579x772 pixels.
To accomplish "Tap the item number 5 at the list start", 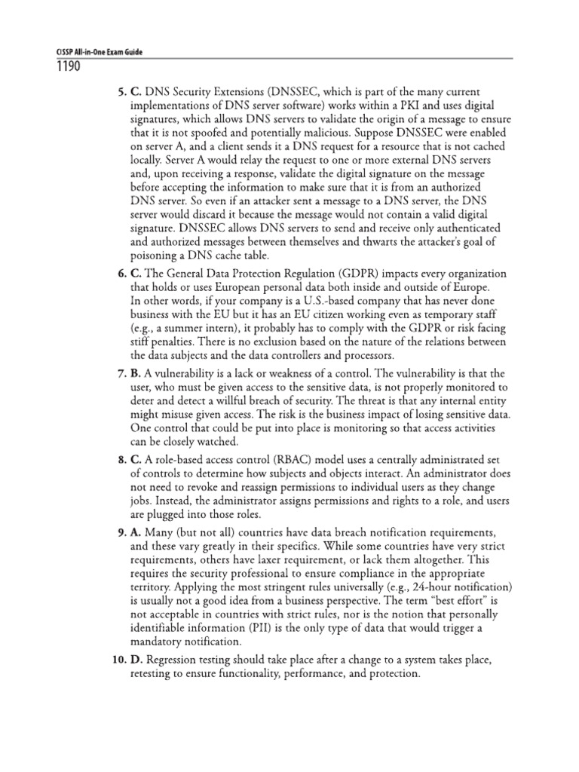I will pyautogui.click(x=121, y=92).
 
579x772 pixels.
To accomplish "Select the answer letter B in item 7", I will pyautogui.click(x=136, y=374).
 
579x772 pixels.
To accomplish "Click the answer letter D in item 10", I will pyautogui.click(x=136, y=660).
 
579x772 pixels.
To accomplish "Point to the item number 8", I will pyautogui.click(x=121, y=459).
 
